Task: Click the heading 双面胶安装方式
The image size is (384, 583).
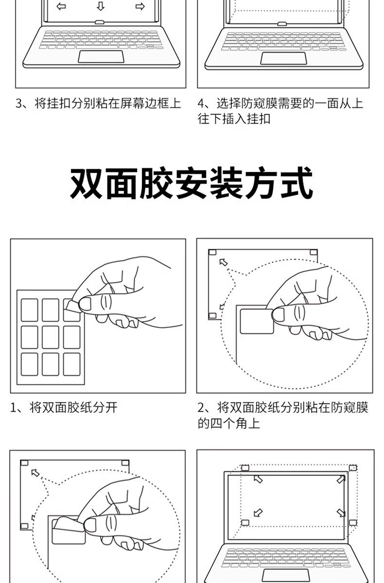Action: (192, 183)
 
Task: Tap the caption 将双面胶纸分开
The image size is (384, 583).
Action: (73, 407)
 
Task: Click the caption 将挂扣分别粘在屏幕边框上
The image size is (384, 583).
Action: (107, 103)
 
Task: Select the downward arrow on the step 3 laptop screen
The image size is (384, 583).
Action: (101, 6)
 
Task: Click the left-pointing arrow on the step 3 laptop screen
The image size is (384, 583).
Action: (61, 6)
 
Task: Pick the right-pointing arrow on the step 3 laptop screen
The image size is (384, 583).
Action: (140, 6)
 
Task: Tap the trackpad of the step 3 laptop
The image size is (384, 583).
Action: (101, 56)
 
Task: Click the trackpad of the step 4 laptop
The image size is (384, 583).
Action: (283, 58)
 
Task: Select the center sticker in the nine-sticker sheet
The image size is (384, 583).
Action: (51, 337)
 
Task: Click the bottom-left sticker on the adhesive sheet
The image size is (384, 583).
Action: (30, 364)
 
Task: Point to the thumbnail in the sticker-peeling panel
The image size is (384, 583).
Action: (85, 304)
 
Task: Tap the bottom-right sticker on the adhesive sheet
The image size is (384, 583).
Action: (71, 364)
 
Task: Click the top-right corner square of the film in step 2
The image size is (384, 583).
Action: (314, 252)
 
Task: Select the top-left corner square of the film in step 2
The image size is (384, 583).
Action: (212, 252)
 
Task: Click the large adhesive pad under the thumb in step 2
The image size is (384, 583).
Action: (256, 321)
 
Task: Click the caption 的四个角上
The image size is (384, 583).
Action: (229, 423)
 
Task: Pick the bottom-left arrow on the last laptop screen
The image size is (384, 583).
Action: (258, 513)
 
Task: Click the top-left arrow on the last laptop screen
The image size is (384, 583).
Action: (258, 479)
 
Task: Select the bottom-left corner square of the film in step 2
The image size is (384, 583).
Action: (212, 315)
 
